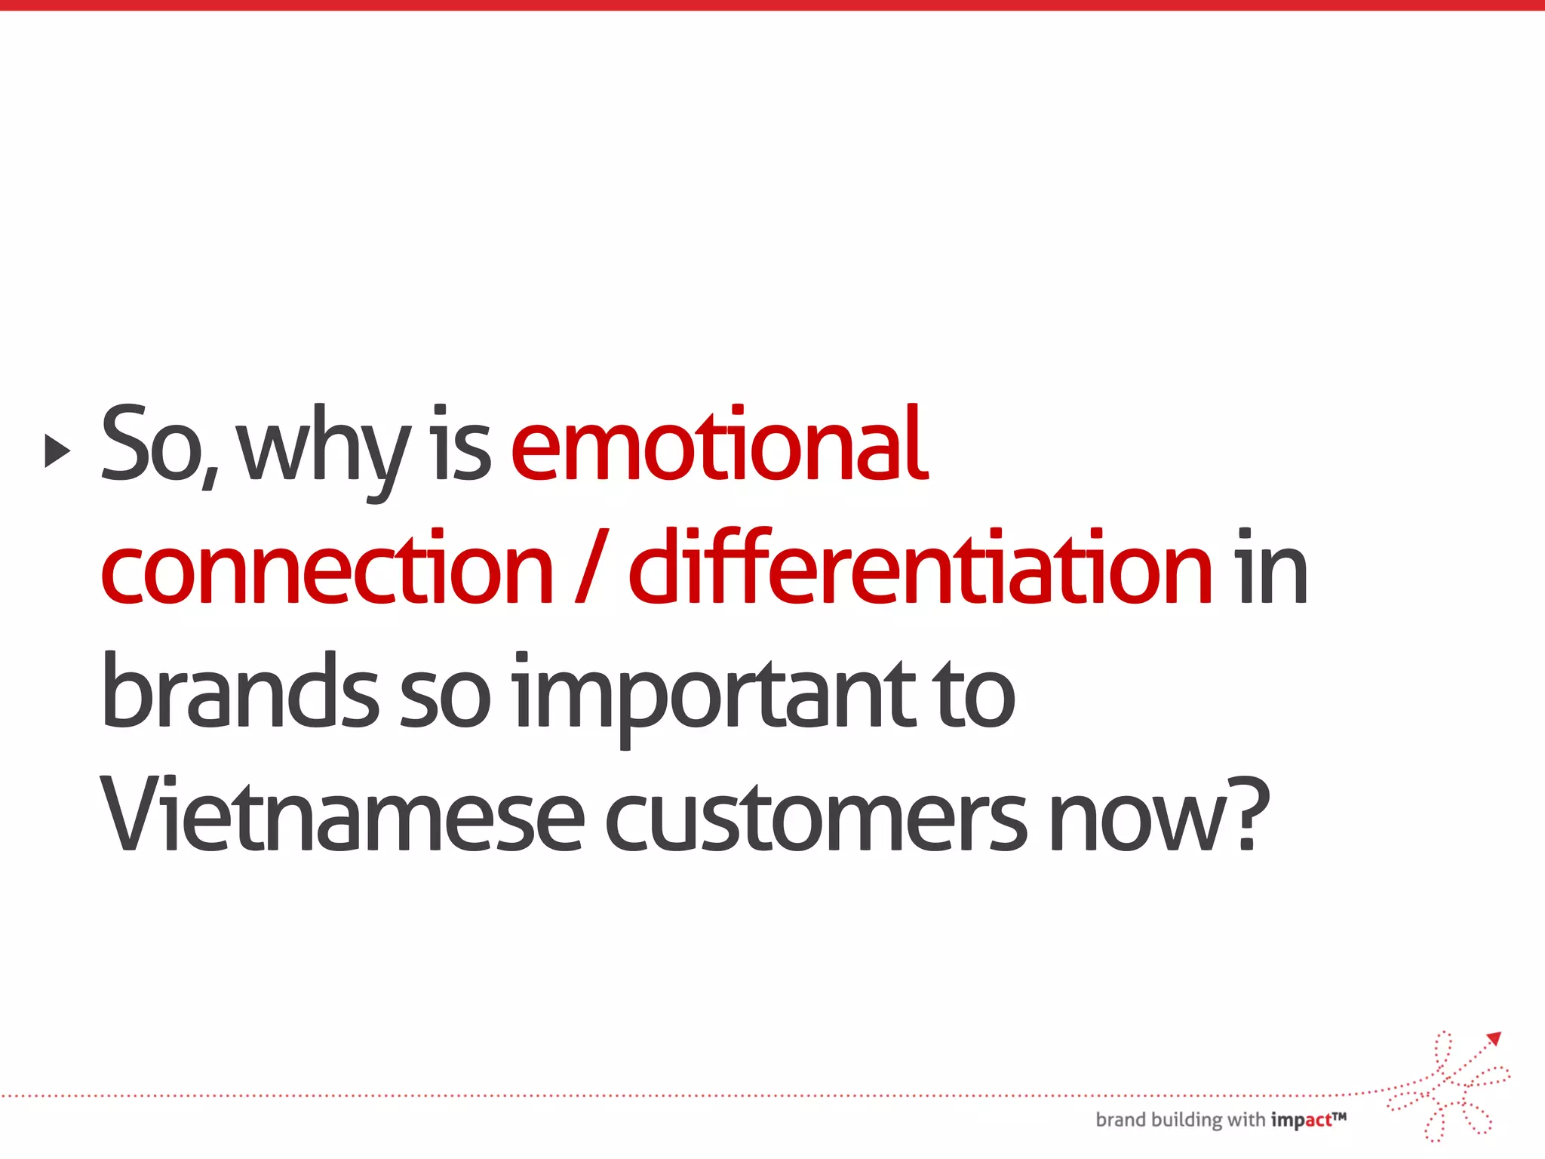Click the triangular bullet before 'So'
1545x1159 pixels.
point(57,450)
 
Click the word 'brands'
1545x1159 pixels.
point(240,692)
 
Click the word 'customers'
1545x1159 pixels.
point(815,819)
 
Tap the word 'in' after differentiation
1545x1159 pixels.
point(1270,567)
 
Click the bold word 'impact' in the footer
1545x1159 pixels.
point(1301,1121)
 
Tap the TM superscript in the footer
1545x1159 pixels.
point(1339,1115)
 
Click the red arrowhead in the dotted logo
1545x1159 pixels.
point(1494,1039)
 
